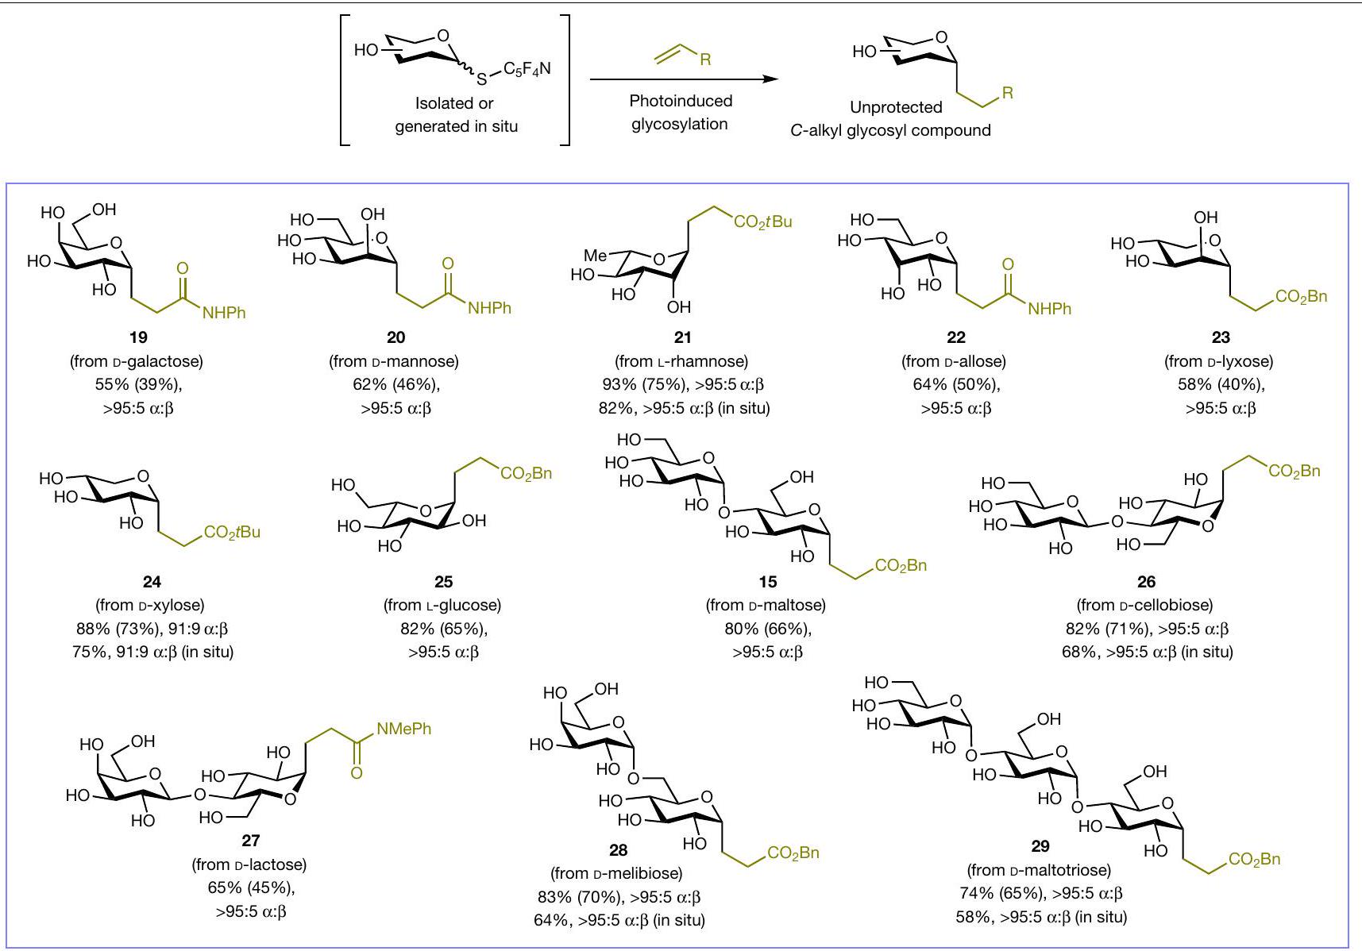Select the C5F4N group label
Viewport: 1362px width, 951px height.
point(527,69)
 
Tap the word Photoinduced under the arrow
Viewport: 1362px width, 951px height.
point(681,101)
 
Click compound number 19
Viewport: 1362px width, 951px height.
point(137,337)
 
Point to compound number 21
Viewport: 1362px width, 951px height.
point(682,337)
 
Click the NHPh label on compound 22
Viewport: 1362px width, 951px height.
point(1049,309)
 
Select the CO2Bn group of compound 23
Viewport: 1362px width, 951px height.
point(1301,297)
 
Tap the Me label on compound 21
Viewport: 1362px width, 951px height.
point(596,256)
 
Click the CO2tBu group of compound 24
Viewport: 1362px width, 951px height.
point(232,532)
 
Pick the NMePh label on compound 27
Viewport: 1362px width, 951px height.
point(403,728)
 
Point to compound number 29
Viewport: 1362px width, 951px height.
point(1040,845)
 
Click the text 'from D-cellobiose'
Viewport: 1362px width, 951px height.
point(1145,605)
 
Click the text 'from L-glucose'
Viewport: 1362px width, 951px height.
point(442,605)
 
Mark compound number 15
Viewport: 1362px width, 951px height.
point(767,582)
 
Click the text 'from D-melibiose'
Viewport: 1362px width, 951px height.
point(616,873)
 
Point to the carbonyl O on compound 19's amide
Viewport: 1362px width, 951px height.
point(183,268)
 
